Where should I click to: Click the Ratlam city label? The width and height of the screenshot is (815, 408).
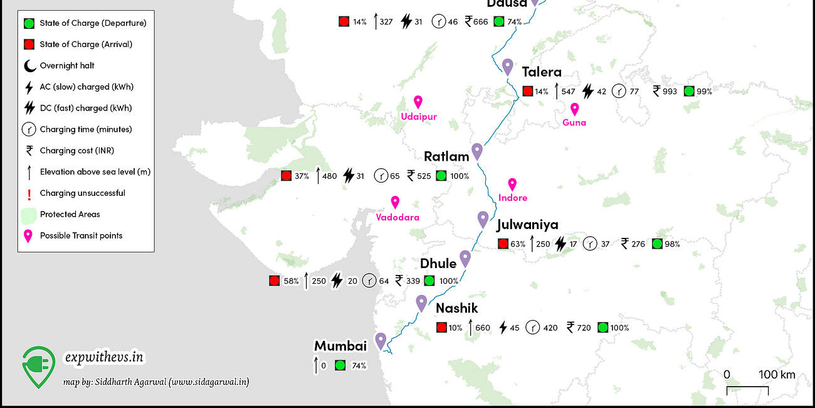coord(446,156)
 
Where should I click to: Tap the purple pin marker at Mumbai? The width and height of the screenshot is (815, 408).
coord(381,341)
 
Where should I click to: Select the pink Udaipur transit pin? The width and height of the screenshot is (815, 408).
coord(418,102)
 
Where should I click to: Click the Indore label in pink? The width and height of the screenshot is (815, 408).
coord(513,198)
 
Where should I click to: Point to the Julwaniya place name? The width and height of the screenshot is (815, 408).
coord(527,225)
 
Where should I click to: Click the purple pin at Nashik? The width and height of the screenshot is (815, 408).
coord(421,303)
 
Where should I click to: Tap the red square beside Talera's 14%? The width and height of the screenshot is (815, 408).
coord(528,91)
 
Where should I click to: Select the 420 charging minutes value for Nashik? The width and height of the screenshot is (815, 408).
coord(549,328)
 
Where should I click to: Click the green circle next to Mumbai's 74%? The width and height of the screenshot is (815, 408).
coord(340,365)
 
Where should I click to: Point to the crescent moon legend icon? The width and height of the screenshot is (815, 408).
coord(29,65)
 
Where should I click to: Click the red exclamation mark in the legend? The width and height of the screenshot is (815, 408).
coord(29,193)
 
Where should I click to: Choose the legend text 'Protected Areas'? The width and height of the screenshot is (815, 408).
coord(70,214)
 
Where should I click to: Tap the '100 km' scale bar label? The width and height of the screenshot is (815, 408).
coord(777,375)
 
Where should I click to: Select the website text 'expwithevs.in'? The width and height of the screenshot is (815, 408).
coord(105,357)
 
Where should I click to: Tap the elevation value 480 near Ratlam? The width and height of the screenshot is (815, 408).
coord(329,176)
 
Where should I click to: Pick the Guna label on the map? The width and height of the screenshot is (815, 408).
coord(574,122)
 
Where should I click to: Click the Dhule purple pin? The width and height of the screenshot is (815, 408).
coord(465,259)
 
